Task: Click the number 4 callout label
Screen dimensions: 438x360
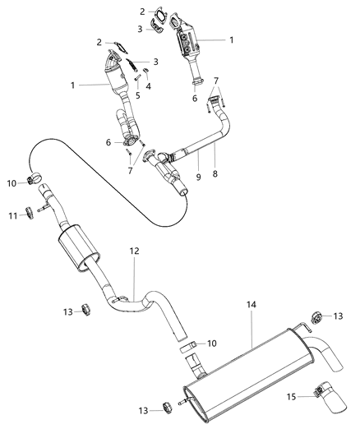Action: (148, 85)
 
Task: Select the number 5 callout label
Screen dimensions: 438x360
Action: (137, 95)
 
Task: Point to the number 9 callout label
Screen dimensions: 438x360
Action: (197, 175)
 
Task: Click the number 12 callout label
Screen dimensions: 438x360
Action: (135, 250)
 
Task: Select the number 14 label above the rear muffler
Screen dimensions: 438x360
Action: (251, 305)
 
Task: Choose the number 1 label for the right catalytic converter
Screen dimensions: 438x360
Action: (232, 39)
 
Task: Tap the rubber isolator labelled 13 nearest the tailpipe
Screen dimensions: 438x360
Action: (316, 315)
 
